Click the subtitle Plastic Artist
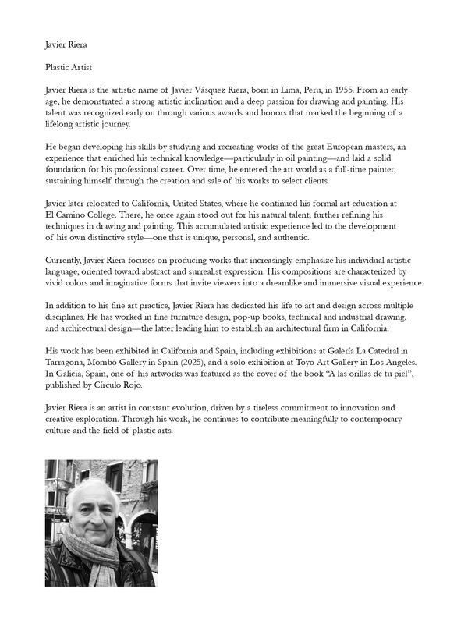(72, 69)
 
